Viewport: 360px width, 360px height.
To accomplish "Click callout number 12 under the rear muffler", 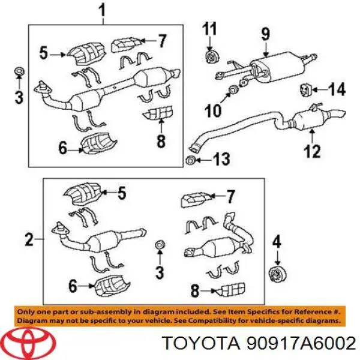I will pyautogui.click(x=311, y=151).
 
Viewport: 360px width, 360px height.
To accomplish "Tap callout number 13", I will pyautogui.click(x=221, y=160).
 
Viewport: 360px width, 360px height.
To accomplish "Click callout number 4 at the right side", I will pyautogui.click(x=277, y=242).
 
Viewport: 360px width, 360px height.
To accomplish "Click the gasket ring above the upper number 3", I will pyautogui.click(x=19, y=73).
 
